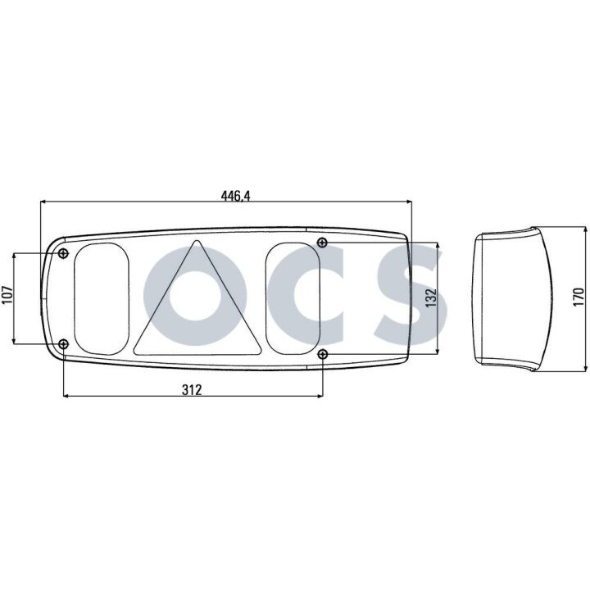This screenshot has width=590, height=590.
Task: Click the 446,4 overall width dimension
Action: pyautogui.click(x=235, y=196)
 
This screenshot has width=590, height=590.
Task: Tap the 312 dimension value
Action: pyautogui.click(x=192, y=390)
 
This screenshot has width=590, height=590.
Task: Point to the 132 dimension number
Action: pyautogui.click(x=431, y=297)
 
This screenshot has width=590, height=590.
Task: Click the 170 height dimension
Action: pyautogui.click(x=578, y=297)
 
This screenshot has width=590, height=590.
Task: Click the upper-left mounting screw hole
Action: pyautogui.click(x=64, y=253)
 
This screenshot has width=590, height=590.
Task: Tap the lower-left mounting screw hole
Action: pyautogui.click(x=64, y=343)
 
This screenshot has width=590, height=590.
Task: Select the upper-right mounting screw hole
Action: pyautogui.click(x=323, y=242)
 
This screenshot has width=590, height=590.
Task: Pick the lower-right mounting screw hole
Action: pyautogui.click(x=323, y=354)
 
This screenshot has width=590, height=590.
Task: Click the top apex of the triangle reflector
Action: pyautogui.click(x=196, y=240)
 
